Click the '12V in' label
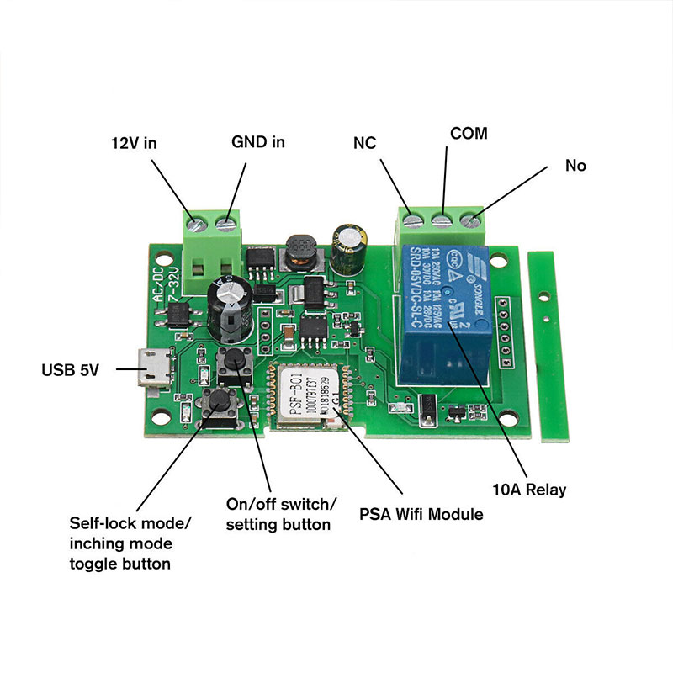[135, 142]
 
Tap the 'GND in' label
[258, 141]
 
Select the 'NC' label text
[364, 143]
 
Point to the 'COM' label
[469, 133]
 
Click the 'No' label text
[575, 166]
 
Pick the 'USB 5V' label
[71, 368]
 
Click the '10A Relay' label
[529, 489]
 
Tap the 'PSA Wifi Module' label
[421, 513]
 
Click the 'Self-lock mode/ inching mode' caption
[130, 543]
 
